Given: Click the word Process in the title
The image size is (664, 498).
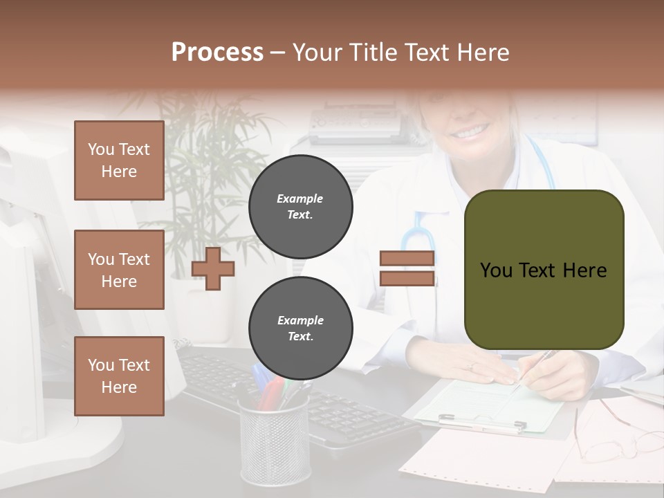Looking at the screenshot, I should (217, 52).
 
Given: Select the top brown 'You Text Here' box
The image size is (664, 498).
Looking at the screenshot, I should (119, 160).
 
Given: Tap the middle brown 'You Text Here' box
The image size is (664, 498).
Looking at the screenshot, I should (119, 270).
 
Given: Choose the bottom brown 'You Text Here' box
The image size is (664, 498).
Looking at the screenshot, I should (119, 376).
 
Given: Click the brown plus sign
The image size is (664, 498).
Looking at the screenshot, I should (213, 268).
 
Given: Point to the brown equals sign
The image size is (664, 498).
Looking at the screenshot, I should (407, 268).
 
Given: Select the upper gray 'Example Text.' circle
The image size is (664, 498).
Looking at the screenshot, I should (300, 206).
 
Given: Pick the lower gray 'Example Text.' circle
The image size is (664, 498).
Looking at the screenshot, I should (300, 328).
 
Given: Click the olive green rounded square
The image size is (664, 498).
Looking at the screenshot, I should (544, 270).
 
